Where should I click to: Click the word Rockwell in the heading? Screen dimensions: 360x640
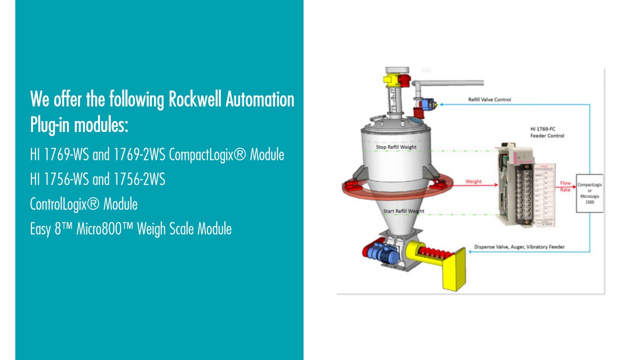point(195,99)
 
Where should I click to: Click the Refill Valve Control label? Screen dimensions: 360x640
point(489,99)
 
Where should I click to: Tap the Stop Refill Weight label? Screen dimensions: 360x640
point(396,147)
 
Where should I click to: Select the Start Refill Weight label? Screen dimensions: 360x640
point(403,211)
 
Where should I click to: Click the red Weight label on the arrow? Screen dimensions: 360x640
point(473,181)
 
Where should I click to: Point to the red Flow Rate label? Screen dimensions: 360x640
point(565,186)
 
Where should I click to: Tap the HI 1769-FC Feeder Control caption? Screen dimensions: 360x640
point(547,132)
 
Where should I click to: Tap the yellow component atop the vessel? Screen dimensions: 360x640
point(389,79)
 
